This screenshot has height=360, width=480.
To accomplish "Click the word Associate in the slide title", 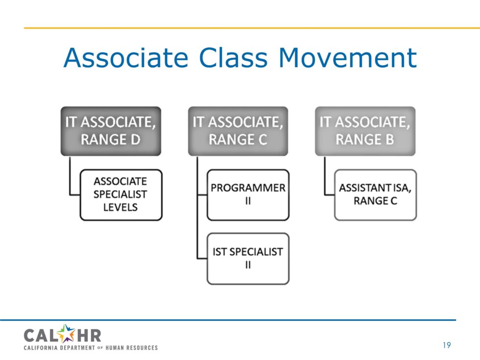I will (x=125, y=57).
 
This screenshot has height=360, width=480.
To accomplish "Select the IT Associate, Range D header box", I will (x=111, y=131).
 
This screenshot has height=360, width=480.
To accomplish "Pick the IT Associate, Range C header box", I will (x=238, y=131).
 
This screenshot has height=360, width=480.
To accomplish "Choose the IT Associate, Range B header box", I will (x=365, y=131).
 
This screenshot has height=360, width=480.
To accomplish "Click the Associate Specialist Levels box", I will (x=120, y=194).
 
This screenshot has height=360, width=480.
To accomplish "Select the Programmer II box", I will (x=248, y=194).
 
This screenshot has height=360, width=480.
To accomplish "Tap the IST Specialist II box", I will (x=248, y=258).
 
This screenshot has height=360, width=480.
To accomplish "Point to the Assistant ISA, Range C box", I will (x=375, y=194).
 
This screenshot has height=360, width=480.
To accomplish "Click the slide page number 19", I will (x=446, y=346).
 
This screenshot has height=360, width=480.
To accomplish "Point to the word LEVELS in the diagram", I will (x=120, y=207).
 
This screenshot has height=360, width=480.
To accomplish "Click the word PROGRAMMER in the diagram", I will (x=248, y=188).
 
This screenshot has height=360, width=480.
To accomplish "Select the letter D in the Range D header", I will (x=135, y=140).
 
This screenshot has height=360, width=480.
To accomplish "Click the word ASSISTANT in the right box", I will (x=361, y=188).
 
